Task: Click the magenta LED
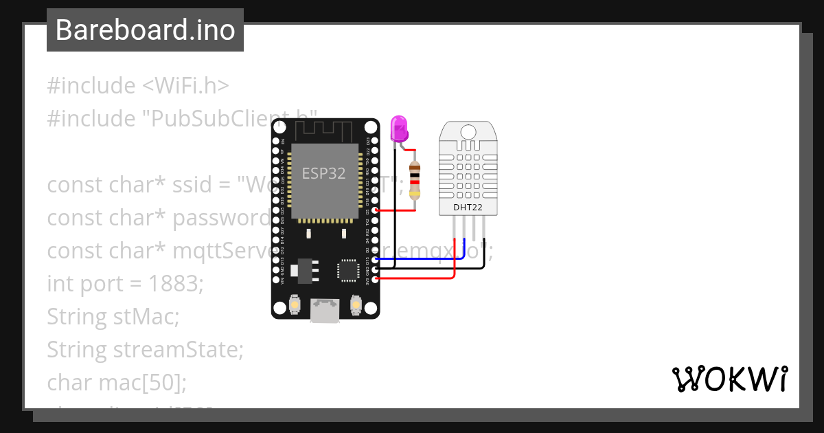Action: point(398,129)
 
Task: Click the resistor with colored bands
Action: point(414,180)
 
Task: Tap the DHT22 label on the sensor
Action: point(468,207)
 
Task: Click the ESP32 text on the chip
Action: point(323,173)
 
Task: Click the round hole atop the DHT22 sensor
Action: point(468,131)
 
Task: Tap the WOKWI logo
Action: point(730,379)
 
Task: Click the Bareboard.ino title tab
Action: point(145,30)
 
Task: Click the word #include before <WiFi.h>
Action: point(91,86)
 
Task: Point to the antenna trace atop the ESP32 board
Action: point(324,130)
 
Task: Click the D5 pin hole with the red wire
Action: point(374,210)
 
